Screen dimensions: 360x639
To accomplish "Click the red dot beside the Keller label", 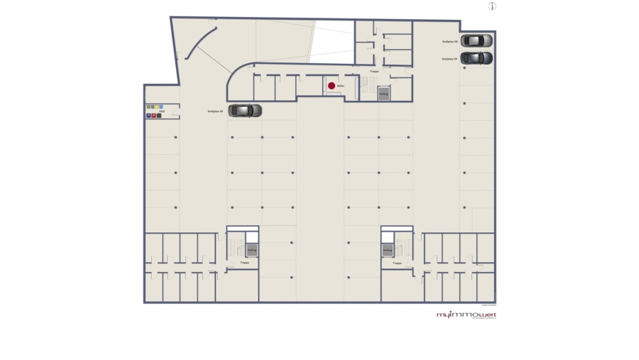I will click(x=331, y=86).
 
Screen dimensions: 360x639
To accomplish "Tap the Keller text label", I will click(x=341, y=86).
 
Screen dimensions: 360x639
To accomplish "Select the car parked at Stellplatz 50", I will click(x=245, y=111).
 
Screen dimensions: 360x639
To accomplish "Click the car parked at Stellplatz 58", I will click(x=476, y=40).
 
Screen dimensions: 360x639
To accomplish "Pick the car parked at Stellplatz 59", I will click(x=476, y=58).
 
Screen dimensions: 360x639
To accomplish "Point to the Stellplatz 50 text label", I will click(x=216, y=111).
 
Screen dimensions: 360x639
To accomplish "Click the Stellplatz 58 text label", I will click(x=449, y=42).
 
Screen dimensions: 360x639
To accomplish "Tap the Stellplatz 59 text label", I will click(x=449, y=59).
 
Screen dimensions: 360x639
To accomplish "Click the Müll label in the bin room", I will click(x=163, y=111).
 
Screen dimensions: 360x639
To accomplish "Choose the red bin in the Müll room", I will click(x=153, y=115).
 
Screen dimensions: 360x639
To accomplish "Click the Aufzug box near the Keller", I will click(x=383, y=94).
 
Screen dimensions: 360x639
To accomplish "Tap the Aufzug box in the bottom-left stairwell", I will click(x=251, y=250).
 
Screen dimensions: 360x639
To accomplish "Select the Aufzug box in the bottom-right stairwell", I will click(x=388, y=250).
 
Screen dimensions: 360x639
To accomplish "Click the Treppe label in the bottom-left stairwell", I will click(x=245, y=263).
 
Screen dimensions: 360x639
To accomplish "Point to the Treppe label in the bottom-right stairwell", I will click(x=397, y=263).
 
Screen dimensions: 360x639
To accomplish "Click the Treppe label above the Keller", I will click(x=374, y=71).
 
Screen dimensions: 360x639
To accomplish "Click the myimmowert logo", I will click(x=466, y=314).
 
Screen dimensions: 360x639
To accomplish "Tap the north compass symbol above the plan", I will click(x=492, y=6).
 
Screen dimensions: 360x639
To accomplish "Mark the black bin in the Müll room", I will click(x=158, y=115).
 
